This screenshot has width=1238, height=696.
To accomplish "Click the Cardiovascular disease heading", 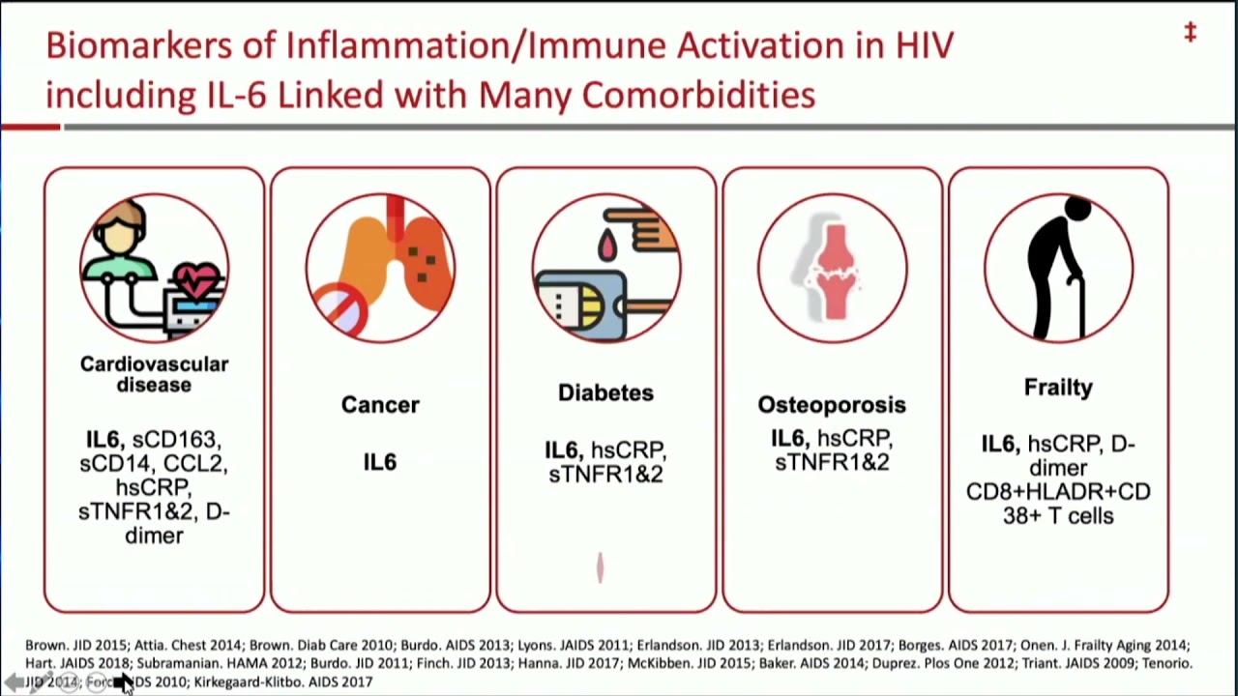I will [154, 374].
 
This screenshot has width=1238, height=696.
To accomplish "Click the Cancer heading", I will [380, 405].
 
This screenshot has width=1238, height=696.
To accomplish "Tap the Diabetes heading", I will [605, 392].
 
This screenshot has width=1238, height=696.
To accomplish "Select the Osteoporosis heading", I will [832, 405].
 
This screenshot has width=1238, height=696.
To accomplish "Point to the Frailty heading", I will [1058, 388].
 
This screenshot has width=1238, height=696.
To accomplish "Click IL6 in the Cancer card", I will [380, 462].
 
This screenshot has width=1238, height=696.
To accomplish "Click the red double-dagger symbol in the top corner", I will [1191, 33].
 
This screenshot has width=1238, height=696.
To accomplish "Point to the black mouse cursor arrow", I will [124, 683].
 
